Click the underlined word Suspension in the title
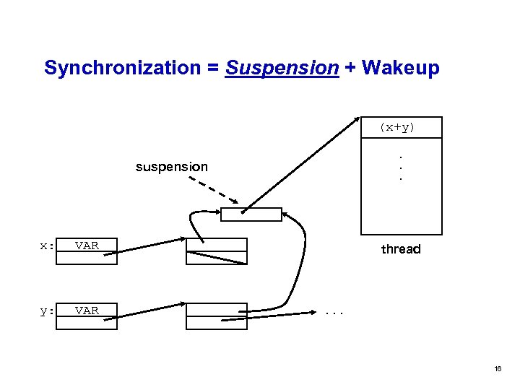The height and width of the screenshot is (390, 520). coord(282,68)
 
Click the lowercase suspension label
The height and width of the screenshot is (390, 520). coord(172,167)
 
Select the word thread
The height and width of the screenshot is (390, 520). coord(401,249)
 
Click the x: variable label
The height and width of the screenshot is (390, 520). coord(47,246)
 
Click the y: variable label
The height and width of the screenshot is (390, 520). coord(47,311)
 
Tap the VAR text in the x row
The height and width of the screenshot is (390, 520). coord(87,246)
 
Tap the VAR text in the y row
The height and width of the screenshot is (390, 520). coord(87,311)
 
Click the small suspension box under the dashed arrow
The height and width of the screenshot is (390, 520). coord(251,214)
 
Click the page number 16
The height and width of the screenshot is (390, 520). coord(497,368)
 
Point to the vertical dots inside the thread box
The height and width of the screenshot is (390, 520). coord(401,167)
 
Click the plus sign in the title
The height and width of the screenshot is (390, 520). coord(350,68)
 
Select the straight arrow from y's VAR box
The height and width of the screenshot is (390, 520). coord(150,310)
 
